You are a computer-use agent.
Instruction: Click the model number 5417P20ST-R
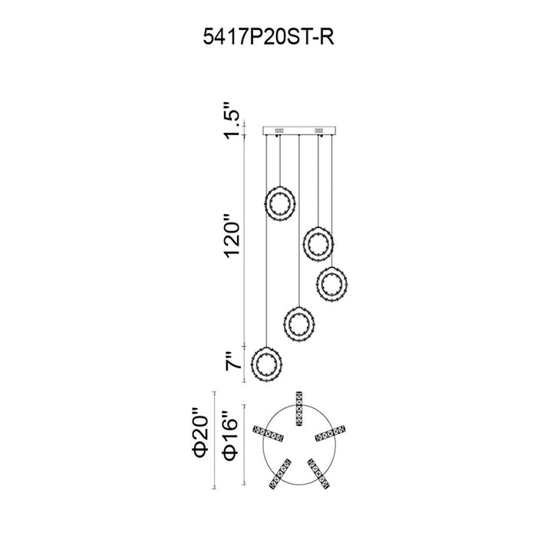268,37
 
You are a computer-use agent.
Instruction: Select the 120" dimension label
232,236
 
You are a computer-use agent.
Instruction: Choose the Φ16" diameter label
230,436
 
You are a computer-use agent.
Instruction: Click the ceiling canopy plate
299,131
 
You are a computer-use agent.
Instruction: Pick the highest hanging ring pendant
280,204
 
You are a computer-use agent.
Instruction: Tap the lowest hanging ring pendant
266,364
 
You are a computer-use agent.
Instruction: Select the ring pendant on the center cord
299,324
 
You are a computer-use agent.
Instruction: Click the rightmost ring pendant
332,284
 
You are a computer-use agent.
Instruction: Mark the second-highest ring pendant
318,244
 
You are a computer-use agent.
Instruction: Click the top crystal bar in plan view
299,409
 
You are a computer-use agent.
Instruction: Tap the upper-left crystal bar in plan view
268,433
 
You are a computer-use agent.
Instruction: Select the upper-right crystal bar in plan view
330,433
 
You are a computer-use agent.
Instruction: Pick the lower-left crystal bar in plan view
280,474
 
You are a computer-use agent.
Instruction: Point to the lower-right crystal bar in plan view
318,474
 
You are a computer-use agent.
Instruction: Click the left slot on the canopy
278,130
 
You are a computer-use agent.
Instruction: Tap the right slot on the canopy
320,130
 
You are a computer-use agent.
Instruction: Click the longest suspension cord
266,241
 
